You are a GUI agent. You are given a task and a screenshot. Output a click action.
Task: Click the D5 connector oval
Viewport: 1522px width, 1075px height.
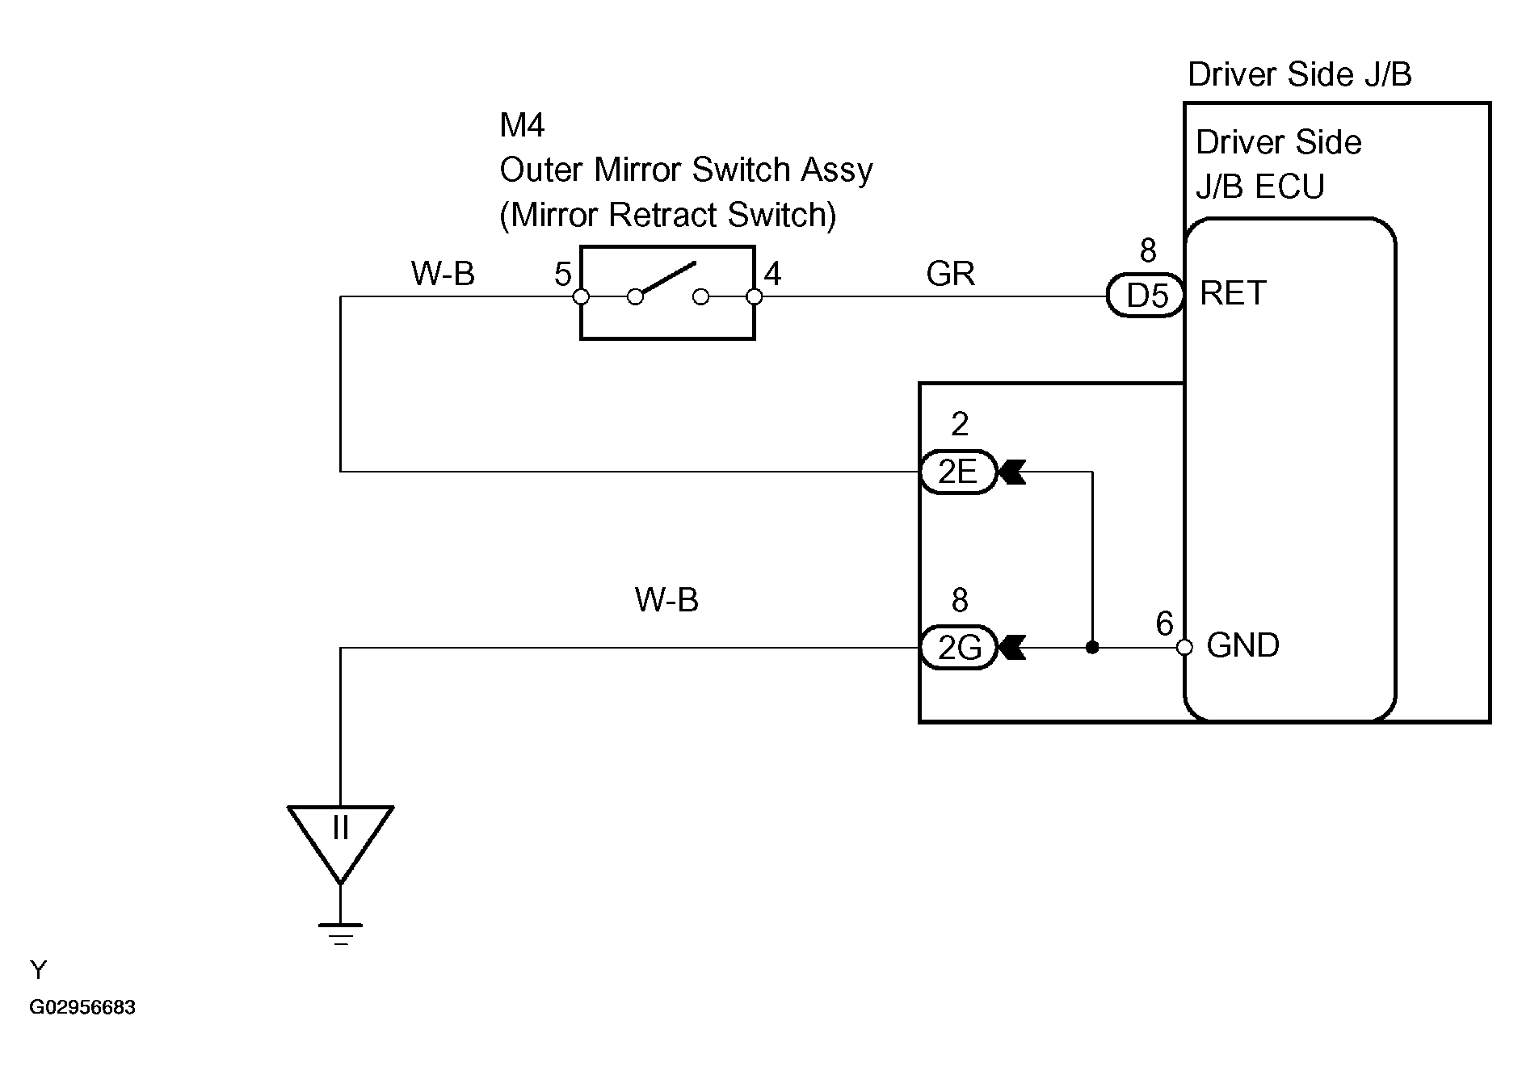(x=1146, y=296)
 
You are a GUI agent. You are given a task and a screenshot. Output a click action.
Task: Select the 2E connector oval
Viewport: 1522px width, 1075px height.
(x=958, y=472)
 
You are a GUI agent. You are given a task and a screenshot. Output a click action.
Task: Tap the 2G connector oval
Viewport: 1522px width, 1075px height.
(x=958, y=648)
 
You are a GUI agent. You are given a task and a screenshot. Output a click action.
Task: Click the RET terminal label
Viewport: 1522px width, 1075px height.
(x=1233, y=293)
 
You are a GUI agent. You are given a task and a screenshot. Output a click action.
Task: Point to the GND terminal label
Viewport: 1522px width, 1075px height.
(x=1242, y=645)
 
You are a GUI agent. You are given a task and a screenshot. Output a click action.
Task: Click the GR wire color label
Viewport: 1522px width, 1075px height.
(x=951, y=275)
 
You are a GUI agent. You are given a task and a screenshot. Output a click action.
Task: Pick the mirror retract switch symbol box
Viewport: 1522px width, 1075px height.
(x=667, y=293)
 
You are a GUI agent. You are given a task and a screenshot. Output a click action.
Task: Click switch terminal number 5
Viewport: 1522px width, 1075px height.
(x=562, y=275)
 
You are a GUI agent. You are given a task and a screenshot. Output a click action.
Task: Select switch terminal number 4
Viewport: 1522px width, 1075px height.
(x=772, y=275)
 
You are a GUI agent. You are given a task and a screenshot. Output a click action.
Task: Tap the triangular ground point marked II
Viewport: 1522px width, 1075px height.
(x=341, y=836)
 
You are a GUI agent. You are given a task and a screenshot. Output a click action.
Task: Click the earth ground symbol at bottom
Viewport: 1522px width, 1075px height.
(x=341, y=933)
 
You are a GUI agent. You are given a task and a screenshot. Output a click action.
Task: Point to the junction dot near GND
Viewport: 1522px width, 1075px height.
(x=1092, y=648)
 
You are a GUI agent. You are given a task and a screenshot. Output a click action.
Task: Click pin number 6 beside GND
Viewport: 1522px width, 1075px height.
(x=1164, y=624)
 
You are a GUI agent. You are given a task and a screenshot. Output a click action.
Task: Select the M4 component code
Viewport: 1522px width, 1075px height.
(x=522, y=125)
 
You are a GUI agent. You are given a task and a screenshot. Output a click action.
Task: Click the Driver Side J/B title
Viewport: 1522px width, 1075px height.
(x=1299, y=74)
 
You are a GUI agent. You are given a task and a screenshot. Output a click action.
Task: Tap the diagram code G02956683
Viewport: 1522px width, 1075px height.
(x=83, y=1008)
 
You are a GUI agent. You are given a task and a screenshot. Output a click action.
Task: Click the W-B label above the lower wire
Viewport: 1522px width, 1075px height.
(x=666, y=600)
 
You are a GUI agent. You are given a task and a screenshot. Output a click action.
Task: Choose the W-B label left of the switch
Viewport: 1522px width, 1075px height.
(x=443, y=275)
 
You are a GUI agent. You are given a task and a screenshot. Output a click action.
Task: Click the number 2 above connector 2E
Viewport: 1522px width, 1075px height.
(x=960, y=424)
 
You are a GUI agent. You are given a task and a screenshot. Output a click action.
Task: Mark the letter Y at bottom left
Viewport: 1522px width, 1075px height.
(x=38, y=969)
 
